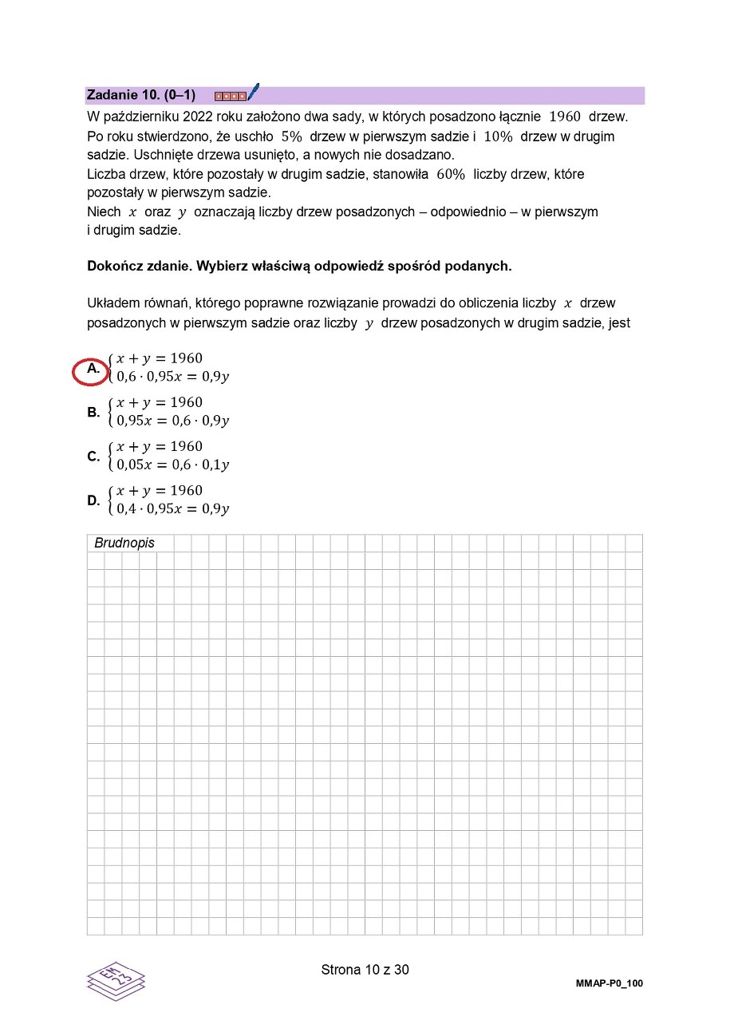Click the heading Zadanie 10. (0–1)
(x=140, y=95)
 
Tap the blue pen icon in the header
(x=253, y=92)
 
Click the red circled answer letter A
(x=94, y=370)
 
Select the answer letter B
(x=93, y=413)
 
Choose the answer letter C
(x=93, y=457)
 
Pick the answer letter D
(x=93, y=501)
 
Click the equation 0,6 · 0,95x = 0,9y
(x=172, y=377)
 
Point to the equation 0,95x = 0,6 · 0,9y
(x=172, y=421)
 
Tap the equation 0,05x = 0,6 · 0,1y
(x=172, y=465)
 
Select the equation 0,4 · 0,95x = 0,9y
(x=172, y=508)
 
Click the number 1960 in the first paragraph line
(x=565, y=117)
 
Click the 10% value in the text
(x=498, y=136)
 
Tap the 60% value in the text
(x=451, y=174)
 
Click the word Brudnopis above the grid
(x=124, y=544)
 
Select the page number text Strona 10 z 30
(x=365, y=970)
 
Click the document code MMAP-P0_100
(x=610, y=983)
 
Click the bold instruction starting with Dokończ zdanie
(x=299, y=266)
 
